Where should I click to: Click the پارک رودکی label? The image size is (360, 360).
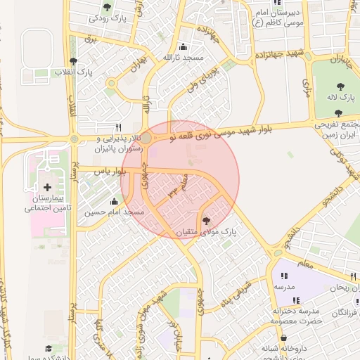tap(108, 19)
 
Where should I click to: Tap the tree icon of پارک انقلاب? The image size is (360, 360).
tap(74, 61)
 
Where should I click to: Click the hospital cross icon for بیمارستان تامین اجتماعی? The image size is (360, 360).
tap(47, 187)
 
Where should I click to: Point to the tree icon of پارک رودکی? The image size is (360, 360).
tap(107, 8)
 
